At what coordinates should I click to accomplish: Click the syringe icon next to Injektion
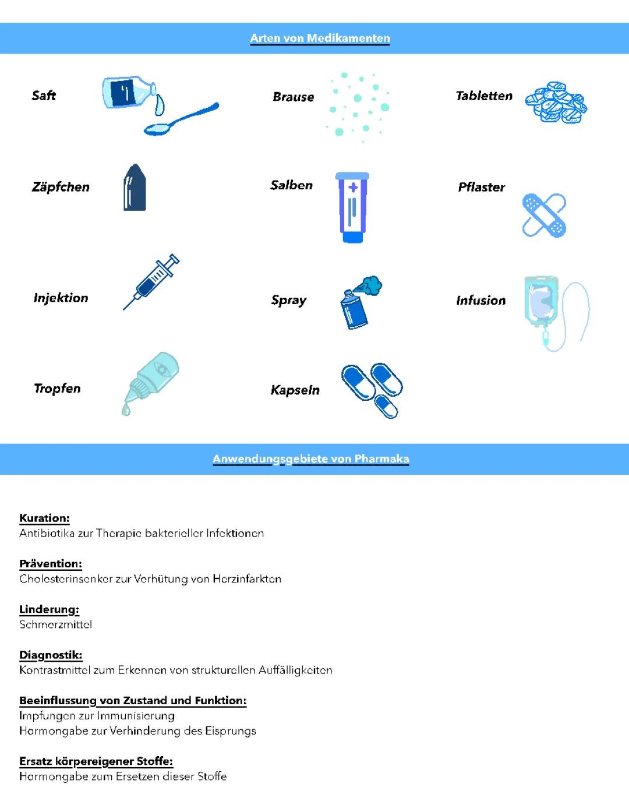coord(151,282)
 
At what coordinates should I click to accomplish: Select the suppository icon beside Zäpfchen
coord(135,187)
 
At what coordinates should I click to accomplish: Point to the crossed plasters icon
coord(544,214)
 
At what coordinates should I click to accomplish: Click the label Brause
coord(293,97)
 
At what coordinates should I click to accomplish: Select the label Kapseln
coord(295,390)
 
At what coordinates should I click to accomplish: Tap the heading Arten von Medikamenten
coord(320,38)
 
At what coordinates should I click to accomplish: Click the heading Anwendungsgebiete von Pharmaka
coord(310,459)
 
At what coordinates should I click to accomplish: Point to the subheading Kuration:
coord(44,518)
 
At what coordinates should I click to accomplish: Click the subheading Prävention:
coord(51,563)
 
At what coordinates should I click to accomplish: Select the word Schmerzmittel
coord(55,624)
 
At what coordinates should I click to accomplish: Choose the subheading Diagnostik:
coord(51,655)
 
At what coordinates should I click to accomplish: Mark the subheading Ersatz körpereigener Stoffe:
coord(96,761)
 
